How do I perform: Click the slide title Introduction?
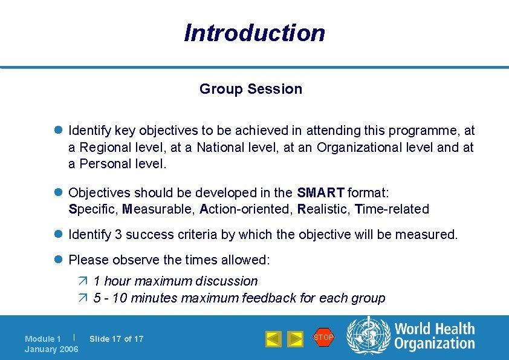click(254, 33)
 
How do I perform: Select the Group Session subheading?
click(251, 89)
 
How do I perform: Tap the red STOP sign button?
click(323, 338)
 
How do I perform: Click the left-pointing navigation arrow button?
click(273, 339)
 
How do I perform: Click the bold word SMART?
click(320, 193)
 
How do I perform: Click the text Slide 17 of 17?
click(116, 339)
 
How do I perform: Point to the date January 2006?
click(51, 350)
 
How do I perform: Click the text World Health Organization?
click(434, 336)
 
